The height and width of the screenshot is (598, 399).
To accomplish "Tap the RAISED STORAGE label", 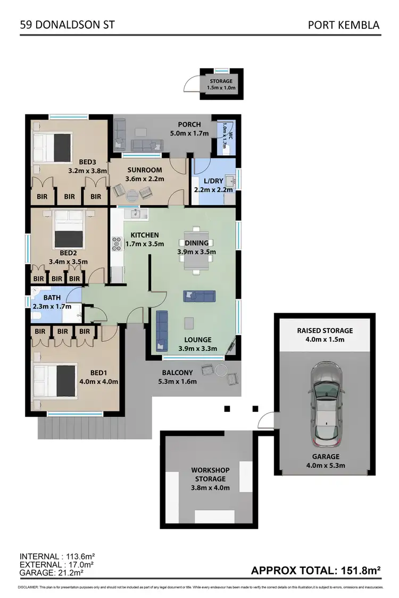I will pyautogui.click(x=325, y=330).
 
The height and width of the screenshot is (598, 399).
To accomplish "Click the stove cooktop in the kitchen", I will pyautogui.click(x=117, y=244).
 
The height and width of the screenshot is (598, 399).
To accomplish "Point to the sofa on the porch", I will pyautogui.click(x=147, y=145).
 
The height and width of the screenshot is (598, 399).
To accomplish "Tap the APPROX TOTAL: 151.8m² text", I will pyautogui.click(x=315, y=571).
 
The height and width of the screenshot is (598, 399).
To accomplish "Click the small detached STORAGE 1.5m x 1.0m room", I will pyautogui.click(x=221, y=84).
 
